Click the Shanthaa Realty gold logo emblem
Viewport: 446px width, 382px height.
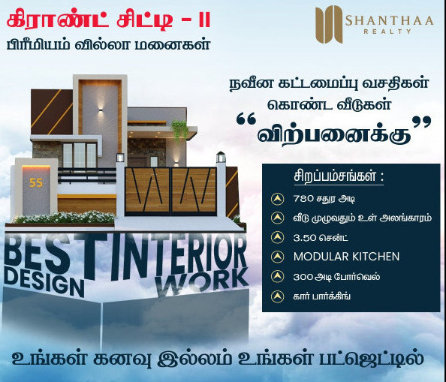point(329,25)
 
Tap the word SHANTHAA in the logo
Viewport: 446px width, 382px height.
point(389,20)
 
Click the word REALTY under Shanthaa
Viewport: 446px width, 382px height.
point(387,32)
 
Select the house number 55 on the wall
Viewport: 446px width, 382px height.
point(36,182)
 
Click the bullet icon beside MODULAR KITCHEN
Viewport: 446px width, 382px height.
point(277,257)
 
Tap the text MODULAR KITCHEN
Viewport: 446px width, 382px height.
point(346,257)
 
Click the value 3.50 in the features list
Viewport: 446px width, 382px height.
point(305,237)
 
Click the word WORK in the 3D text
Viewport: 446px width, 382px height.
point(201,281)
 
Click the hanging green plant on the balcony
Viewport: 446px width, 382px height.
point(179,130)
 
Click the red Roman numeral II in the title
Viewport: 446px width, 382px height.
point(204,21)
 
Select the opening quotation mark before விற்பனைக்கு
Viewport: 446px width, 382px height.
point(246,120)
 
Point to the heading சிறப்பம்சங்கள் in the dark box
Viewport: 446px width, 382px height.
point(339,176)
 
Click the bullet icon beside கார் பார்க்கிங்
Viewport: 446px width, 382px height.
point(277,296)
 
